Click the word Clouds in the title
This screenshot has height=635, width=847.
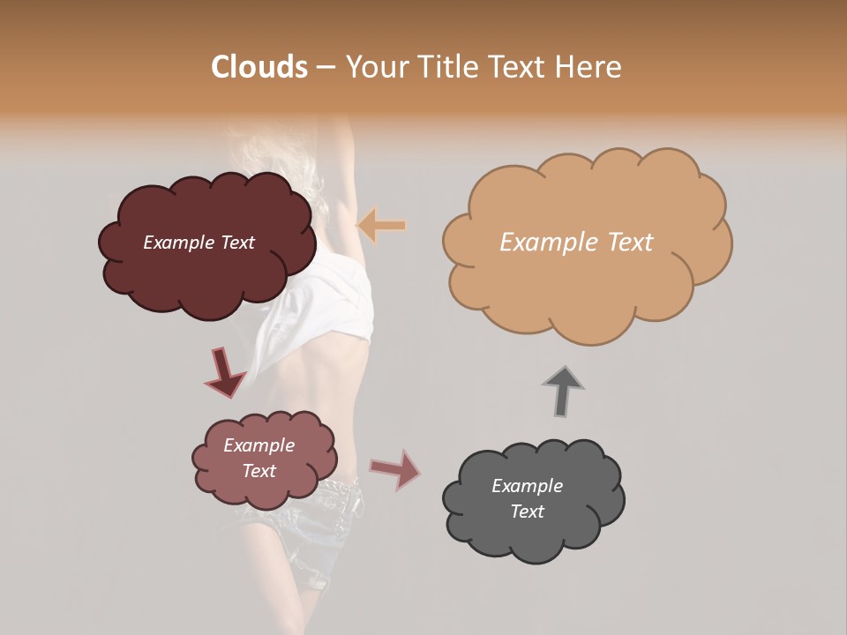tap(259, 67)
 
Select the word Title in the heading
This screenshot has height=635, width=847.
tap(443, 67)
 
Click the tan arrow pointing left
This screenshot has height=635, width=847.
tap(381, 226)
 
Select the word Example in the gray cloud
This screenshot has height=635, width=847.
tap(527, 486)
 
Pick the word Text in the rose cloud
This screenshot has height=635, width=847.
tap(259, 471)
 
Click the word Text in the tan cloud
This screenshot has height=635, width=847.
tap(630, 243)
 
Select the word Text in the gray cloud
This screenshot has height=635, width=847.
tap(527, 512)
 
